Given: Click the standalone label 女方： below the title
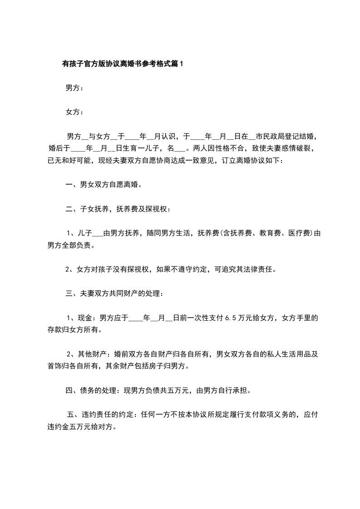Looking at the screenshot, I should pos(74,112).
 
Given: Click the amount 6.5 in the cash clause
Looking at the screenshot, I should pos(231,318).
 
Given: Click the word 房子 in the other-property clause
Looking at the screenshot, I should pos(165,366).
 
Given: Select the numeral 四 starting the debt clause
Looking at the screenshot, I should pos(69,390).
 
